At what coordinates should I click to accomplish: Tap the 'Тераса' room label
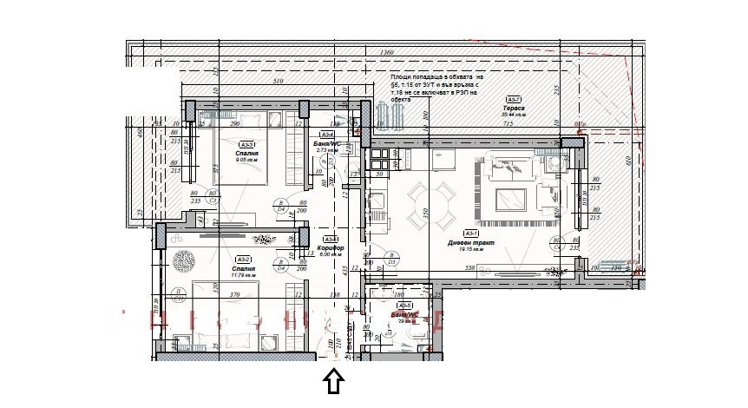click(514, 108)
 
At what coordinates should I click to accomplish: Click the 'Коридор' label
click(331, 248)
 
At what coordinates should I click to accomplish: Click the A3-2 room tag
click(243, 260)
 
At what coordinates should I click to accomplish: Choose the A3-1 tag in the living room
click(471, 234)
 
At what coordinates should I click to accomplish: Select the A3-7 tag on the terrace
click(514, 100)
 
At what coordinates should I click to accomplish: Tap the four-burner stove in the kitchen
click(379, 160)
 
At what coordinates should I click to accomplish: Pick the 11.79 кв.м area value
click(245, 275)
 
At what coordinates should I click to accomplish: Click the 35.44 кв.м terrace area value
click(514, 115)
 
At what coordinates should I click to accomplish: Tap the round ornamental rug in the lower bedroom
click(185, 260)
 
